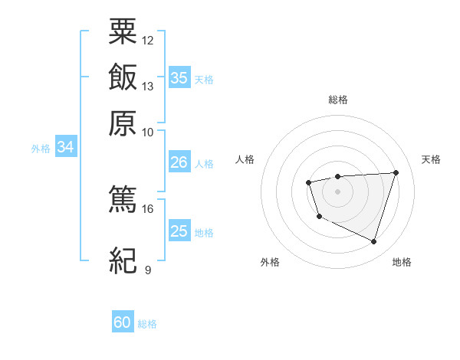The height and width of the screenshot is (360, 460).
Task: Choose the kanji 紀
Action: click(x=123, y=261)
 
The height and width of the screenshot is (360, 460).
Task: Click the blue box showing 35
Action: click(x=179, y=77)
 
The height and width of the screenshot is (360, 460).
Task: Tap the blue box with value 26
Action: click(x=179, y=162)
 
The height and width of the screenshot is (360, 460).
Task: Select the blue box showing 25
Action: click(x=179, y=231)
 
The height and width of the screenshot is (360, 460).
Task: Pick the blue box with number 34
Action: click(x=65, y=147)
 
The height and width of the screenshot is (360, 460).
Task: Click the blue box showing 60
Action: click(x=123, y=322)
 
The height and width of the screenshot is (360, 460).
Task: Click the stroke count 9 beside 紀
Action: click(x=148, y=270)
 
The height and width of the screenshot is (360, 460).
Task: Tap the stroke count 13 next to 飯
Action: click(x=148, y=86)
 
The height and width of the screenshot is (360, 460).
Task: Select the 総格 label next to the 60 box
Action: click(x=147, y=324)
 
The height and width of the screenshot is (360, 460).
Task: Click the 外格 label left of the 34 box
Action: click(x=41, y=149)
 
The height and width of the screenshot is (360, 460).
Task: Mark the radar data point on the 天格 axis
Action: click(x=396, y=172)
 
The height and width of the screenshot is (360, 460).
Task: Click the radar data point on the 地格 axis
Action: click(x=374, y=242)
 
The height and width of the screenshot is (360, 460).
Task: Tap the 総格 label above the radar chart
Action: click(x=337, y=100)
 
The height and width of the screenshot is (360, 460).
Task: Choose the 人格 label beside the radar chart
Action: click(x=245, y=159)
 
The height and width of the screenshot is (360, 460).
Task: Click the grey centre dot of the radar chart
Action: click(x=337, y=191)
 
